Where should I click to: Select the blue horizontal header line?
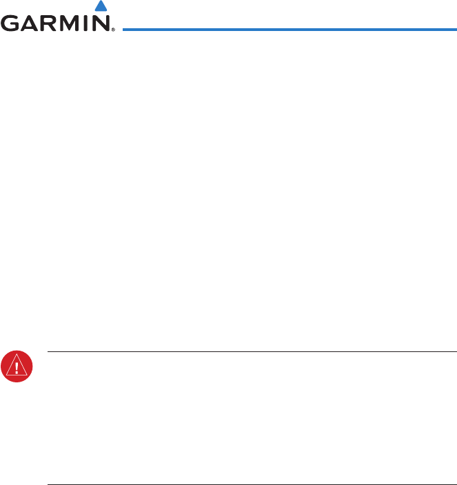point(290,30)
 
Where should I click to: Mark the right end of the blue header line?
point(456,30)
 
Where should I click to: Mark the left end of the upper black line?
point(48,352)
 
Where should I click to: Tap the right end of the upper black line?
point(456,352)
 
